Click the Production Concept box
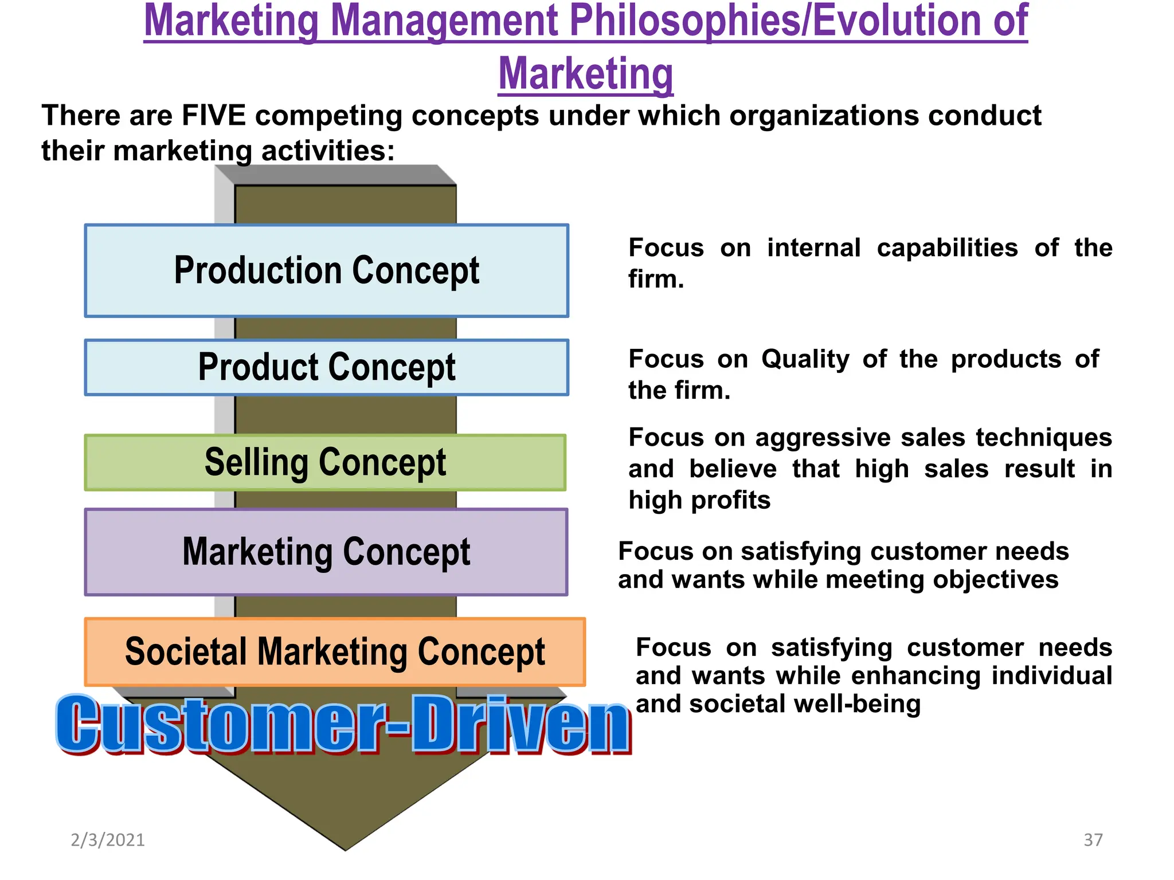coord(327,270)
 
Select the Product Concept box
coord(327,367)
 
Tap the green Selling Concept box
coord(325,462)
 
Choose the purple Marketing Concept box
coord(326,552)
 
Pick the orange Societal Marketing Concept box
coord(335,652)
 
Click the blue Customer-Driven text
coord(343,724)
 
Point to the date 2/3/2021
coord(108,840)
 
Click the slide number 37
coord(1093,840)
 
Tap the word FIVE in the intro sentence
coord(213,116)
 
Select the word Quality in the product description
coord(805,359)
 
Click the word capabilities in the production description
coord(947,248)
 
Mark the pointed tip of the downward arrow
coord(345,849)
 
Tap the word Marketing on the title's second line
coord(585,73)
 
